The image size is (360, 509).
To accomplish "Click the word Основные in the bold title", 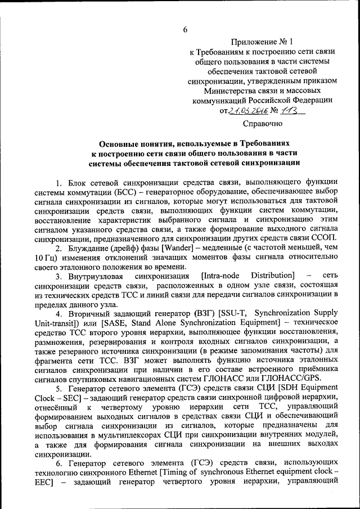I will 117,144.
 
